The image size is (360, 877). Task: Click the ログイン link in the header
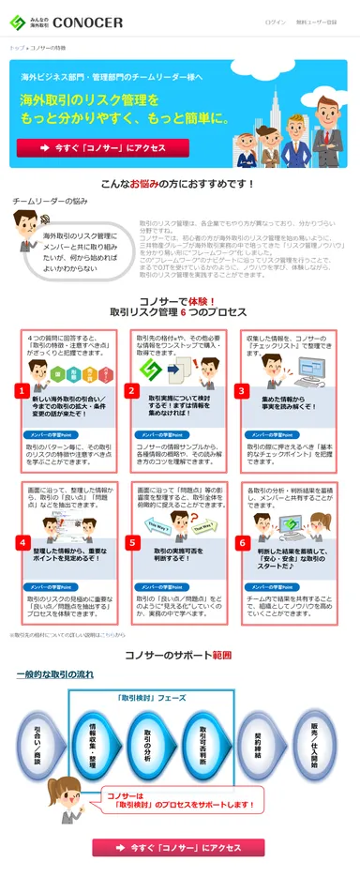[276, 22]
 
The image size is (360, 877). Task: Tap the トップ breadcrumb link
[17, 46]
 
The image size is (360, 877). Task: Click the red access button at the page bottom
[179, 847]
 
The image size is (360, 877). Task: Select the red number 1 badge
[21, 390]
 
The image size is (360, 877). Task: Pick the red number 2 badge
[133, 390]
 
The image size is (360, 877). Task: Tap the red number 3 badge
[242, 390]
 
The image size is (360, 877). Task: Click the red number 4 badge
[21, 542]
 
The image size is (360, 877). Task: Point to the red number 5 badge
[133, 542]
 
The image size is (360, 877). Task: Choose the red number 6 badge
[242, 542]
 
